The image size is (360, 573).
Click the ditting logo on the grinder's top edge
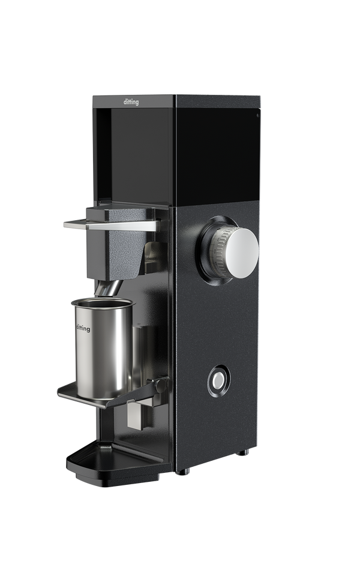coord(131,101)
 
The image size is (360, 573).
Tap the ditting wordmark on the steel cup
coord(83,328)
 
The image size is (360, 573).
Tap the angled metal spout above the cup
coord(109,289)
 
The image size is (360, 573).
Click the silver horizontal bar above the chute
coord(112,224)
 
